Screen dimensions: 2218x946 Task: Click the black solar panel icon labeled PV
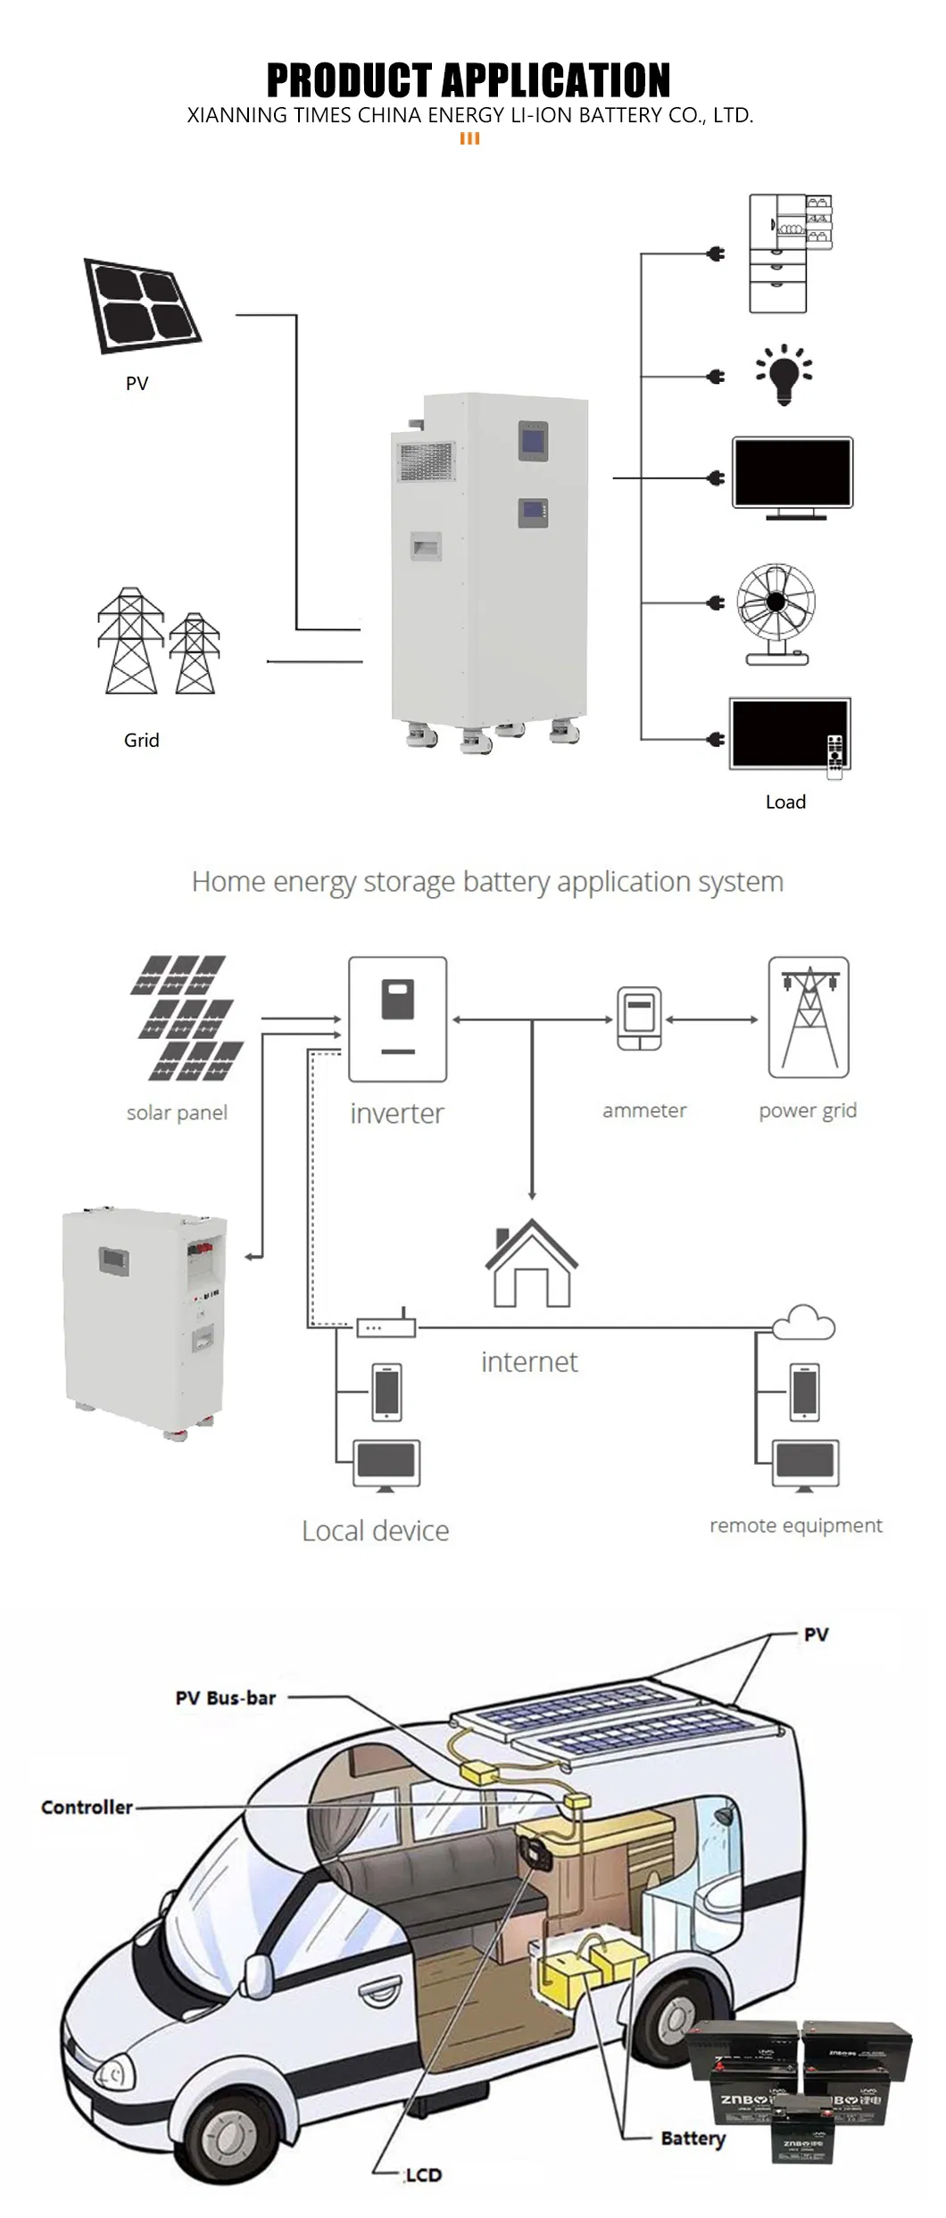pos(142,306)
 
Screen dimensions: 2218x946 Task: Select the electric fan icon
pos(776,613)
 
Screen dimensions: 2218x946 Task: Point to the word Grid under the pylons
pos(141,740)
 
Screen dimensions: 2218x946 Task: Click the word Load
pos(785,802)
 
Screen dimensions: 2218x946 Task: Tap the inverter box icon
pos(397,1019)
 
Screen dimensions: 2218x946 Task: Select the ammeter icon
pos(639,1018)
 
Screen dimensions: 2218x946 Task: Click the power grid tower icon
pos(809,1018)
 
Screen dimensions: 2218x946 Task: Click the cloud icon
pos(804,1322)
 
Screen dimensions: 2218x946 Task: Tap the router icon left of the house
pos(386,1327)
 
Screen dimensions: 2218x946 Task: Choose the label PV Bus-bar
pos(226,1698)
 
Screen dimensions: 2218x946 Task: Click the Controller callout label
pos(87,1807)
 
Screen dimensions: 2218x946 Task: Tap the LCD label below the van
pos(423,2175)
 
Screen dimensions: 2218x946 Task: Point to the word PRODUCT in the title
pos(343,80)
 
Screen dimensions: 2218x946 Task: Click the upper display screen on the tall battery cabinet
pos(533,441)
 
